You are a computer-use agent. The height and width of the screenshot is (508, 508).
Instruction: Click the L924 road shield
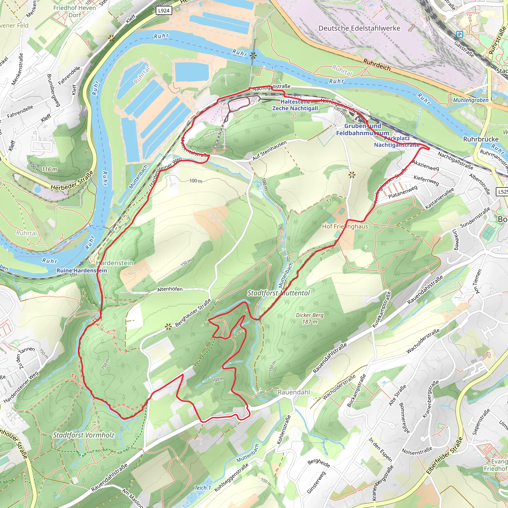[x=164, y=10]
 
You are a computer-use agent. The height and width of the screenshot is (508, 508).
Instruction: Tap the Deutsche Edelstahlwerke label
[x=359, y=28]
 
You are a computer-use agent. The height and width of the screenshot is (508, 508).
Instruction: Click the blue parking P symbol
[x=460, y=34]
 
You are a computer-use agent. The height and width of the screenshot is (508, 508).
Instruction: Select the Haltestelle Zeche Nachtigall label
[x=295, y=105]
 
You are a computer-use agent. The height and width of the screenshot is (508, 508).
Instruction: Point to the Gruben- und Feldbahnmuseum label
[x=363, y=129]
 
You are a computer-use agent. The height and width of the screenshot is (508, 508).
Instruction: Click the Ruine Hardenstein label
[x=82, y=270]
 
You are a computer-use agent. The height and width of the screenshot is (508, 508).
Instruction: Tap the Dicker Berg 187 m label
[x=310, y=318]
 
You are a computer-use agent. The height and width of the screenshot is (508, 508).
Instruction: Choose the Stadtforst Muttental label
[x=279, y=293]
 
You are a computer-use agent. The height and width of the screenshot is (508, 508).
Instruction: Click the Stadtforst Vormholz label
[x=84, y=435]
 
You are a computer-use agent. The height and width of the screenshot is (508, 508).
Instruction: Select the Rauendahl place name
[x=294, y=392]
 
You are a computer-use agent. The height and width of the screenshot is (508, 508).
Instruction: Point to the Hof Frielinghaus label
[x=345, y=226]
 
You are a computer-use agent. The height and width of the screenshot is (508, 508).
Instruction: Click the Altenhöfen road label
[x=170, y=289]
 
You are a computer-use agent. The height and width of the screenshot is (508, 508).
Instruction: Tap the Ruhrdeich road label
[x=377, y=65]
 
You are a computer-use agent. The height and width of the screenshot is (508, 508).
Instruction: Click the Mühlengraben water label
[x=471, y=100]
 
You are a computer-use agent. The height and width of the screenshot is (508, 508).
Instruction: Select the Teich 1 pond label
[x=202, y=488]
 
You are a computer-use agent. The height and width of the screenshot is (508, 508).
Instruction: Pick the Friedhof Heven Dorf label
[x=75, y=11]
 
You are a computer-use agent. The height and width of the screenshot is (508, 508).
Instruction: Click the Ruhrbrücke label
[x=481, y=139]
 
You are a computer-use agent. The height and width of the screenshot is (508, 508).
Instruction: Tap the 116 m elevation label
[x=49, y=169]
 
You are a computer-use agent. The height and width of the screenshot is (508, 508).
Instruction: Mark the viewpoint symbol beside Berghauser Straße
[x=168, y=327]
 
